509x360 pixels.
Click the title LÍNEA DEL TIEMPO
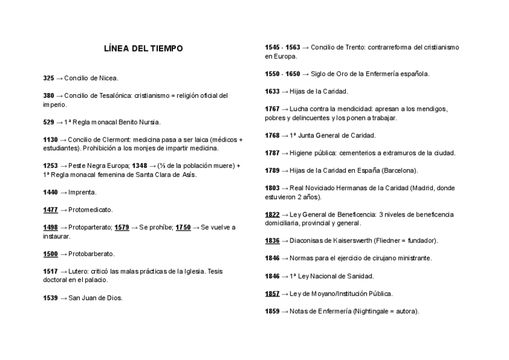[x=143, y=48]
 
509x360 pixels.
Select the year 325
[x=49, y=78]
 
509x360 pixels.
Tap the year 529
[x=49, y=122]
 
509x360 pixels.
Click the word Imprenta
[x=82, y=193]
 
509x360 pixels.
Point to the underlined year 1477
[x=50, y=210]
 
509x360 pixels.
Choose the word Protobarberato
[x=91, y=254]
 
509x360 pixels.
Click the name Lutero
[x=80, y=271]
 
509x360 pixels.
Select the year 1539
[x=50, y=298]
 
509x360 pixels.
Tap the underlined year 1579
[x=122, y=227]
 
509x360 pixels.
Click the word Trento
[x=352, y=47]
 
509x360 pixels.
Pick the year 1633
[x=273, y=91]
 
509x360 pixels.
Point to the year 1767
[x=273, y=109]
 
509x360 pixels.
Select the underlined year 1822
[x=273, y=214]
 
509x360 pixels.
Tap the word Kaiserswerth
[x=348, y=241]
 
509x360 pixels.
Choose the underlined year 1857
[x=273, y=293]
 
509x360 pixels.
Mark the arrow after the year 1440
[x=64, y=193]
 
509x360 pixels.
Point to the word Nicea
[x=109, y=78]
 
